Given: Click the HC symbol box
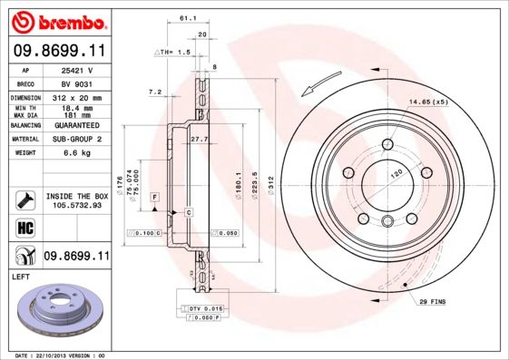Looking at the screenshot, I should (24, 227).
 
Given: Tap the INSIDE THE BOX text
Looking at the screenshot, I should (76, 195).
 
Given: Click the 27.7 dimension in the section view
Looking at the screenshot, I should (201, 139).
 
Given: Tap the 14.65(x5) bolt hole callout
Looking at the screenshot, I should (429, 101).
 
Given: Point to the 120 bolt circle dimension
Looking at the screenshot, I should (396, 171).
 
